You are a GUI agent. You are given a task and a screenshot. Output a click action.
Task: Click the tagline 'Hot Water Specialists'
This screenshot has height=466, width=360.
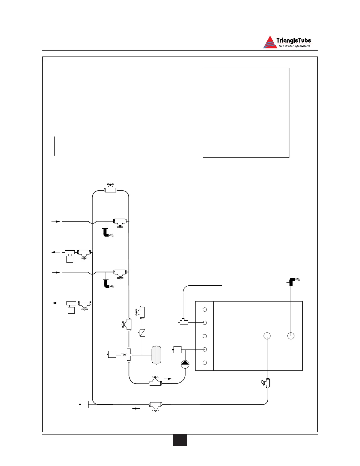[294, 46]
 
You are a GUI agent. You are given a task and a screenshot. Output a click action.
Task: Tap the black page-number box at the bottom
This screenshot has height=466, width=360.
[180, 440]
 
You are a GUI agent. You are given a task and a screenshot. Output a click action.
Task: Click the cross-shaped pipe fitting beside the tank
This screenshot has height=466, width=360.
[129, 354]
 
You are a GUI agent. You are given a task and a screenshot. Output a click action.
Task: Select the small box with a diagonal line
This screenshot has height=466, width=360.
[142, 333]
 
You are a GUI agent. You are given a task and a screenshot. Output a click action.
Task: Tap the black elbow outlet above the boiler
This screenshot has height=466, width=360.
[292, 282]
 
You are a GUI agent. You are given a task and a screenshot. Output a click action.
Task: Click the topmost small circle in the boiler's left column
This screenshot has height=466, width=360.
[205, 309]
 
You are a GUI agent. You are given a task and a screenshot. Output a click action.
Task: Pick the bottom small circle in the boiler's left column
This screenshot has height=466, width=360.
[205, 362]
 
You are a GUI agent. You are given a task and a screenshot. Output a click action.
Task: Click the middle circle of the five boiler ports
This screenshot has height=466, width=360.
[205, 336]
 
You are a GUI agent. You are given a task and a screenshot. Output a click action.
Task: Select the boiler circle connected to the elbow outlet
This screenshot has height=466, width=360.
[291, 336]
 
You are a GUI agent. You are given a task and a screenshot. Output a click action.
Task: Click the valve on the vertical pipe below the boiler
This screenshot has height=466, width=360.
[267, 383]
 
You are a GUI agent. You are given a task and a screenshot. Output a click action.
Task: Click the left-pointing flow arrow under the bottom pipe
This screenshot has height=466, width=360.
[136, 408]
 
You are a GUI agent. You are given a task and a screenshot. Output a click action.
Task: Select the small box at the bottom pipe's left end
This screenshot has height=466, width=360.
[85, 405]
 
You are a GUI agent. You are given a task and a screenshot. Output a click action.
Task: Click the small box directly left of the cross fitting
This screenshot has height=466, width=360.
[112, 355]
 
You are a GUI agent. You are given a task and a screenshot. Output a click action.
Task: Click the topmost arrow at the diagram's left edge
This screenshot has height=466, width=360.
[56, 221]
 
